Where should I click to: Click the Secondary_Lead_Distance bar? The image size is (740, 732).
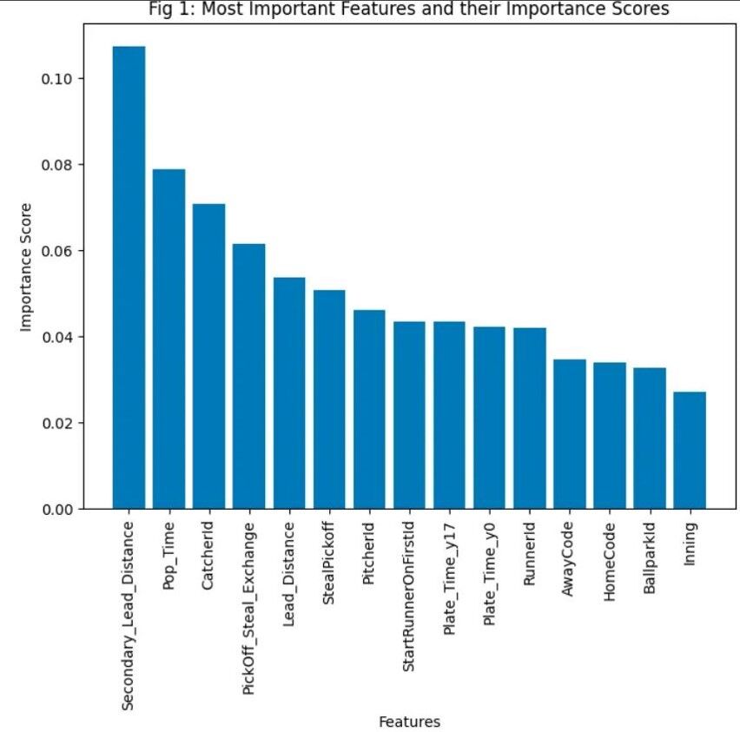pyautogui.click(x=129, y=278)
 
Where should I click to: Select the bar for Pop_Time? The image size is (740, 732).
pyautogui.click(x=169, y=339)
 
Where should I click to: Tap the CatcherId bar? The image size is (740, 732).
pyautogui.click(x=208, y=356)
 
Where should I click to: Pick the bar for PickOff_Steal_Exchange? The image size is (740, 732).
pyautogui.click(x=248, y=376)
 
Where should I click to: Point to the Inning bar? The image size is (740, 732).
pyautogui.click(x=690, y=451)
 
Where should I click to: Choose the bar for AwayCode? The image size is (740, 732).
pyautogui.click(x=570, y=434)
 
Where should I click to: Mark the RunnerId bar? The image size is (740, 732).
pyautogui.click(x=530, y=419)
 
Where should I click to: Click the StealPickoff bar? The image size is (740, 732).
pyautogui.click(x=329, y=399)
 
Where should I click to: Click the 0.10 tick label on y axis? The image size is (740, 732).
pyautogui.click(x=57, y=79)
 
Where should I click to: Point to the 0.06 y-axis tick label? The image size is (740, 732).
pyautogui.click(x=57, y=251)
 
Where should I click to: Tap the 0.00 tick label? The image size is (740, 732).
pyautogui.click(x=57, y=510)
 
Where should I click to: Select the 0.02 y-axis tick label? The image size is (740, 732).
pyautogui.click(x=57, y=424)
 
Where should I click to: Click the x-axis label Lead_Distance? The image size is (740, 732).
pyautogui.click(x=289, y=574)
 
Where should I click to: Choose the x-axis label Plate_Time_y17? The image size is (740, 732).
pyautogui.click(x=449, y=579)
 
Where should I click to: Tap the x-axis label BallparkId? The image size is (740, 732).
pyautogui.click(x=650, y=557)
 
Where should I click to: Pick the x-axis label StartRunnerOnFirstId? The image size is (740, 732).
pyautogui.click(x=408, y=597)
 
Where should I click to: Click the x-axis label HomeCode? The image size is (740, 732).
pyautogui.click(x=609, y=562)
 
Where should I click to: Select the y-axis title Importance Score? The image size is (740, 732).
pyautogui.click(x=25, y=267)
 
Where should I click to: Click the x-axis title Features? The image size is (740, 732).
pyautogui.click(x=410, y=722)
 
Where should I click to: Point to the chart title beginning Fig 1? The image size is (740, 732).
pyautogui.click(x=409, y=9)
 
